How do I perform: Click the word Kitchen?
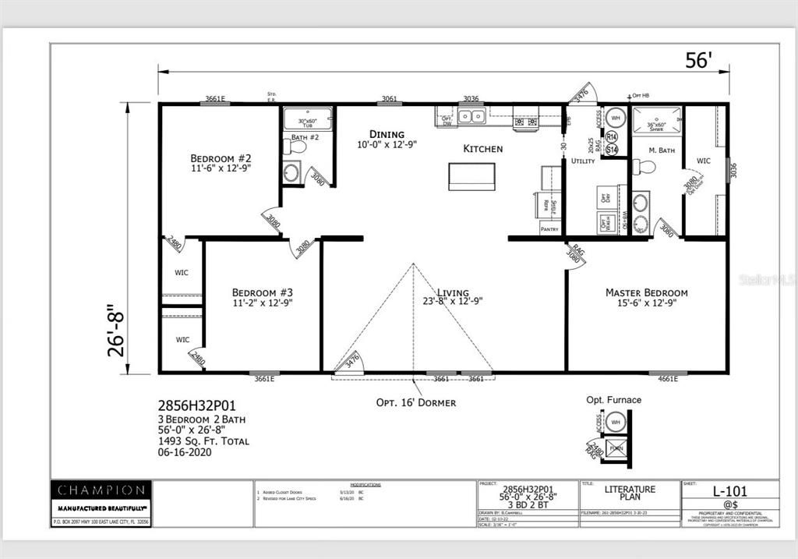[482, 148]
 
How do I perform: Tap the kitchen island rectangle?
[471, 176]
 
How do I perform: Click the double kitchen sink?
[471, 117]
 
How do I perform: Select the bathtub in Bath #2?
[307, 119]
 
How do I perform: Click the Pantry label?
[551, 228]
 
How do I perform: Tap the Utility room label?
[582, 161]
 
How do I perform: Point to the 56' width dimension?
[698, 60]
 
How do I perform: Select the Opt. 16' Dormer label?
[416, 402]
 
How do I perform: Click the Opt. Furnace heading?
[613, 400]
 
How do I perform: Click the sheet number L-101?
[730, 491]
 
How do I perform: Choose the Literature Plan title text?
[630, 494]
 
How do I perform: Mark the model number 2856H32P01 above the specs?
[196, 405]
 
